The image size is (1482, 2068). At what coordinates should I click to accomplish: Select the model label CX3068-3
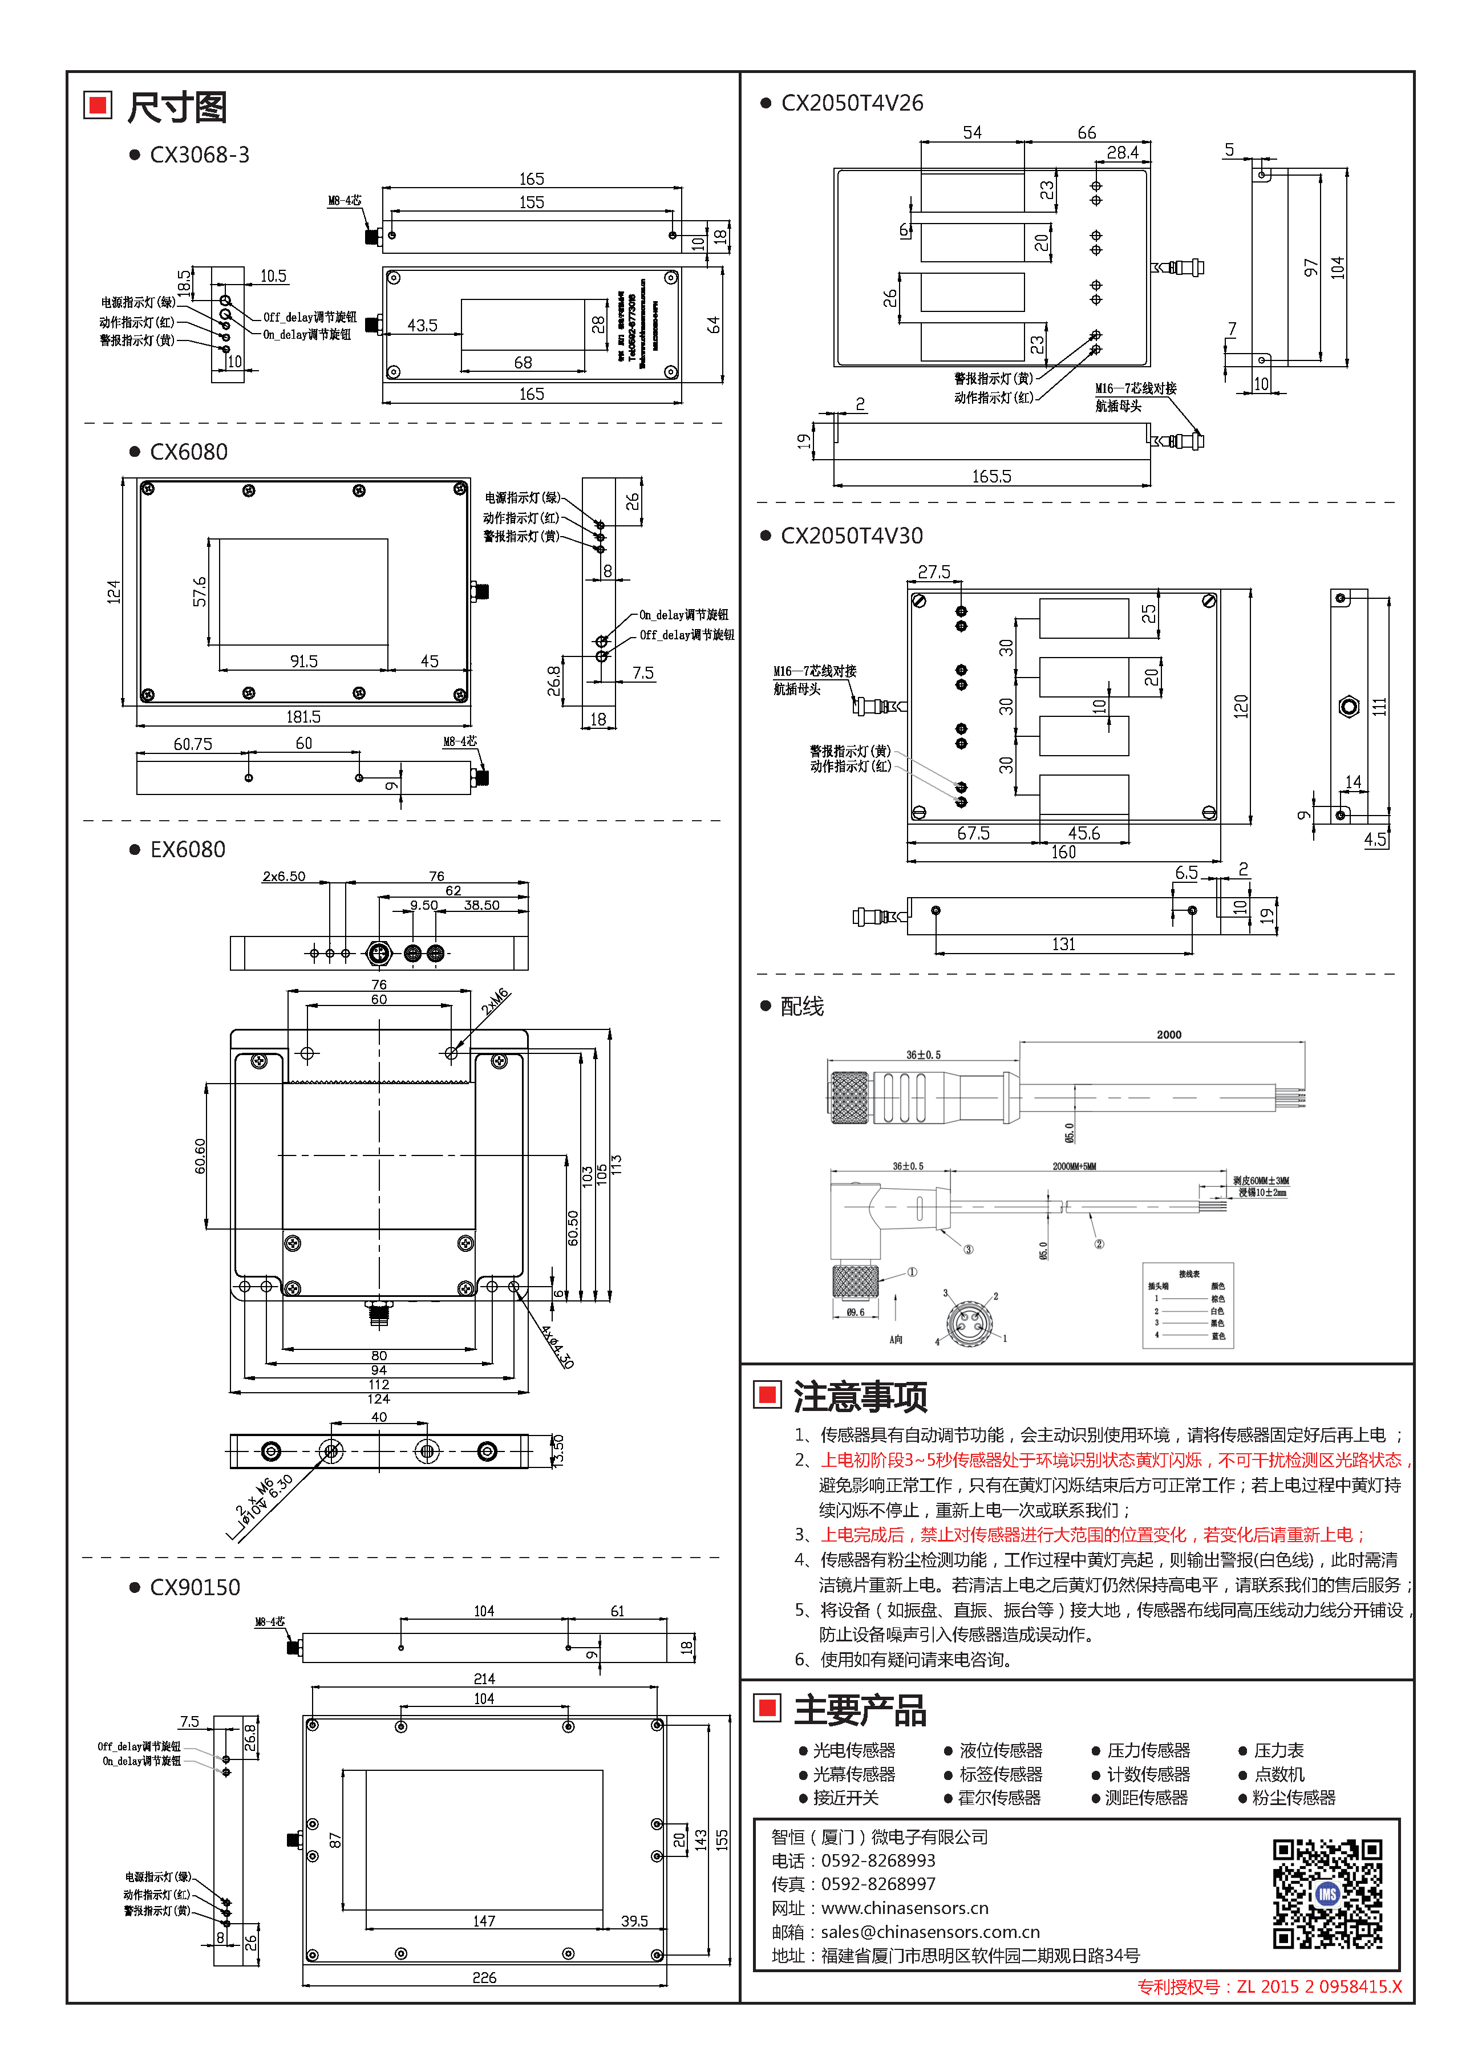[199, 155]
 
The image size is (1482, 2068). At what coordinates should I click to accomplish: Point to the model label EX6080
[187, 850]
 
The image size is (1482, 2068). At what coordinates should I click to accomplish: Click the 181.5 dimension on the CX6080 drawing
[303, 717]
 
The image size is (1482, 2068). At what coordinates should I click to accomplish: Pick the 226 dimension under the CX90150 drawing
[484, 1978]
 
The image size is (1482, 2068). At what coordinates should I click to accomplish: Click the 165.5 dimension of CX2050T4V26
[991, 476]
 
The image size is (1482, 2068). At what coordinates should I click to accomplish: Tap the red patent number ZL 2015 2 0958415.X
[1319, 1987]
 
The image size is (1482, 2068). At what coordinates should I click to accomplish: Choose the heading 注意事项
[860, 1397]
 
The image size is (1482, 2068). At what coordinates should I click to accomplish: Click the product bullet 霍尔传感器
[999, 1797]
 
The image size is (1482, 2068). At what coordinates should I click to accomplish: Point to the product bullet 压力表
[1278, 1750]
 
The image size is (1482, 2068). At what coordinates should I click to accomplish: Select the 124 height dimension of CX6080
[113, 592]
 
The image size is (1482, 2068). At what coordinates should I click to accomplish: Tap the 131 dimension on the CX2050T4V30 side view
[1063, 944]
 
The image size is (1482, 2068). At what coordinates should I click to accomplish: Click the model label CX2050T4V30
[851, 536]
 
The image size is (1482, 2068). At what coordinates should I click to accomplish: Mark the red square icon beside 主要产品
[768, 1708]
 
